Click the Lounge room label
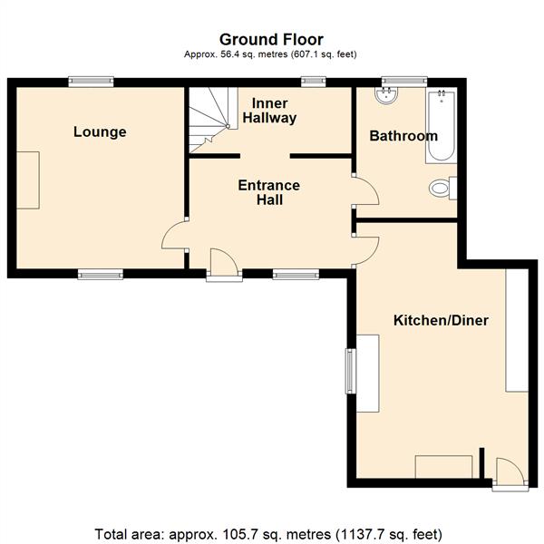100,132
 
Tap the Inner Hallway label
269,111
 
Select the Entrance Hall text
269,192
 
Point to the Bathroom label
403,136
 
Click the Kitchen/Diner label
441,320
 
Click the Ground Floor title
271,40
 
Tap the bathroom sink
386,95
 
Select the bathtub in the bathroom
442,125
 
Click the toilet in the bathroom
442,189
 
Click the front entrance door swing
224,262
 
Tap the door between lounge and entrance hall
174,235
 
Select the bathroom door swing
366,191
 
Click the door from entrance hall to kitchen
366,250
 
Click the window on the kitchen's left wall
351,371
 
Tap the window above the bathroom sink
404,82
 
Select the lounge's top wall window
91,82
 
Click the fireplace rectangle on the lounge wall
28,180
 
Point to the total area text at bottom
268,534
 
